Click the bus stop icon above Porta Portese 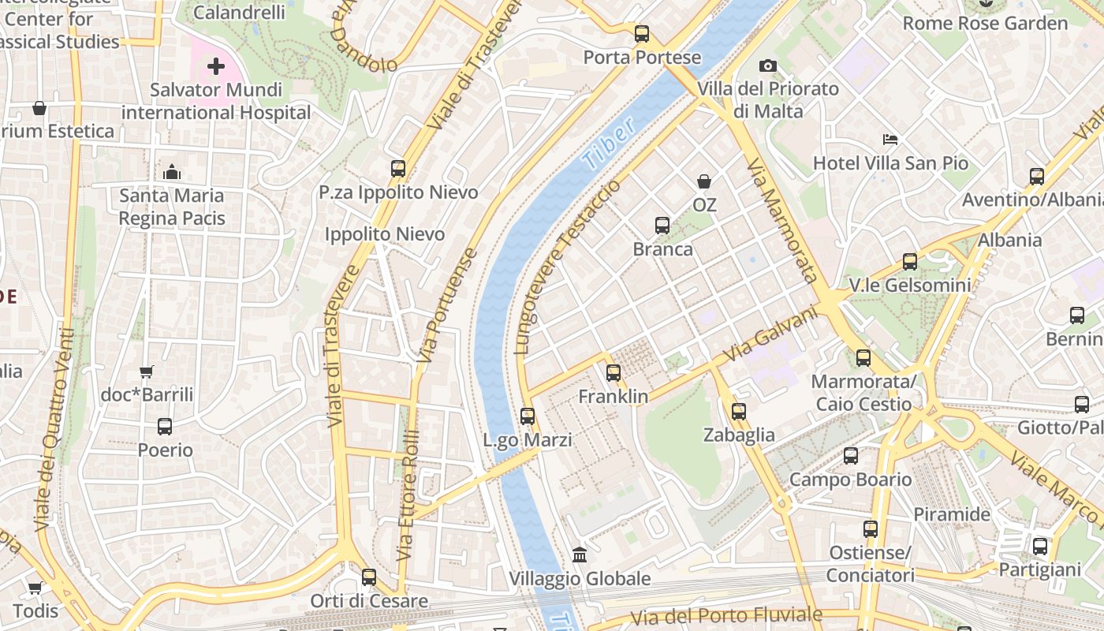[x=642, y=34]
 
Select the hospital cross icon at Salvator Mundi [x=215, y=66]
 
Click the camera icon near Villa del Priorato [x=767, y=65]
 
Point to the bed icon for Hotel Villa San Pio [x=890, y=140]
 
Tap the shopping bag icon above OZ [x=704, y=181]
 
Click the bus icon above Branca [x=662, y=226]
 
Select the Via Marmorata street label [x=782, y=220]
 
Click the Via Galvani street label [x=770, y=334]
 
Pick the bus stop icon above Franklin [x=614, y=373]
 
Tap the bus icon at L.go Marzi [x=528, y=416]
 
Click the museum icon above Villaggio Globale [x=580, y=555]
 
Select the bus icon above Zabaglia [x=739, y=411]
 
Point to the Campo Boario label [x=850, y=480]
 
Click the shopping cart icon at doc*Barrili [x=147, y=372]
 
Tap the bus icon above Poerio [x=165, y=427]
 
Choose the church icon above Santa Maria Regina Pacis [x=172, y=172]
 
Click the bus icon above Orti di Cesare [x=368, y=577]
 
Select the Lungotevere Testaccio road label [x=566, y=267]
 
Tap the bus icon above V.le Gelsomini [x=910, y=262]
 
